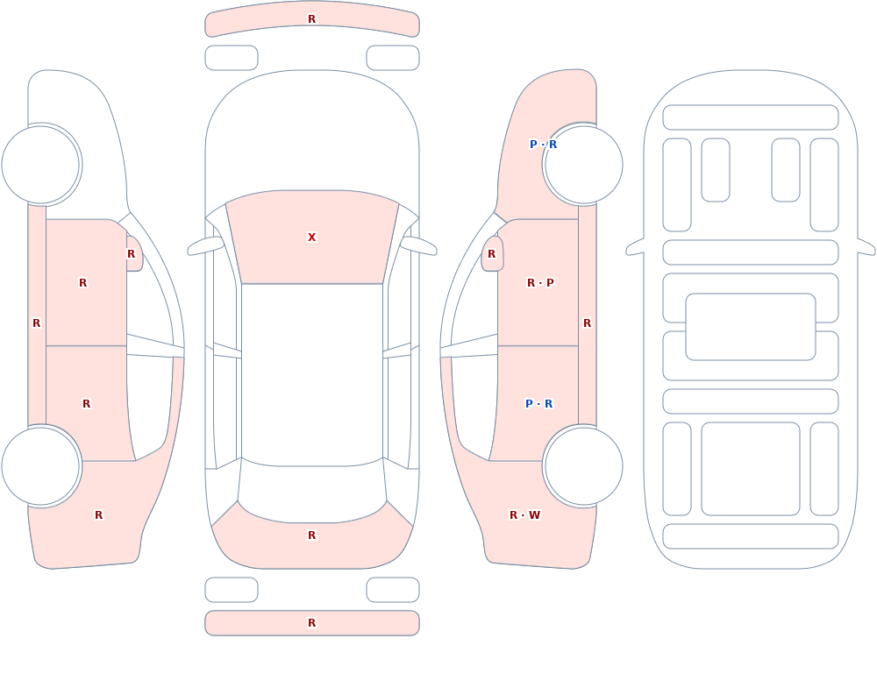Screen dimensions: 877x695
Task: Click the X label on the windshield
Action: point(311,238)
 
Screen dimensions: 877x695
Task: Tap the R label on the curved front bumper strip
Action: point(311,19)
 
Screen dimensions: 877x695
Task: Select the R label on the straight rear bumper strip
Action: point(311,623)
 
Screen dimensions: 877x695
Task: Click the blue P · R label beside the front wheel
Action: point(543,145)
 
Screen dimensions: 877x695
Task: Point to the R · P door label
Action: point(540,283)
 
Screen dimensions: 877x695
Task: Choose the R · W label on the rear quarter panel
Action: point(524,515)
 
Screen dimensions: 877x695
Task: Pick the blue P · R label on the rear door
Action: point(538,404)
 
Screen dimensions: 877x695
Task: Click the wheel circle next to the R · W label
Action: point(583,465)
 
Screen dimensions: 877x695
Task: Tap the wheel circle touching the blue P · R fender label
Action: point(583,165)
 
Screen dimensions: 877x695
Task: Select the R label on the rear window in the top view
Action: point(311,535)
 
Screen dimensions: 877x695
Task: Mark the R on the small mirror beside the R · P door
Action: point(492,254)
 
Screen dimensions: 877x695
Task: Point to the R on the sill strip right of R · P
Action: point(587,323)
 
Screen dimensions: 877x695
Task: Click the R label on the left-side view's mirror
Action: point(131,254)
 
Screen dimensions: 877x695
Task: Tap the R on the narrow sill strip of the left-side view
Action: point(36,323)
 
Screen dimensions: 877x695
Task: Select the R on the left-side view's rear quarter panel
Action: point(98,515)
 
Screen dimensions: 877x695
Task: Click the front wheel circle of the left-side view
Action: point(40,165)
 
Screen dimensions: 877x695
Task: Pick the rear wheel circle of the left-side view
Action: point(40,465)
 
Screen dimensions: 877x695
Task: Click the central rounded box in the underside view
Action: point(751,327)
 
